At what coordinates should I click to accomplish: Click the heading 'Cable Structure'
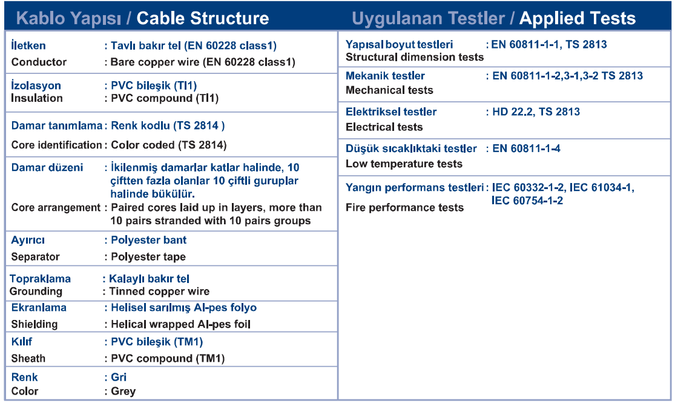tap(203, 18)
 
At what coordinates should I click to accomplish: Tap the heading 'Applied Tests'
tap(578, 18)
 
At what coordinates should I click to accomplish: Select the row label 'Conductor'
tap(39, 62)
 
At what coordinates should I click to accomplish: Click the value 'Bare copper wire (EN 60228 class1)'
tap(203, 62)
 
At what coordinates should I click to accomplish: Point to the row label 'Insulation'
tap(36, 98)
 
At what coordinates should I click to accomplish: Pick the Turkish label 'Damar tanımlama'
tap(57, 125)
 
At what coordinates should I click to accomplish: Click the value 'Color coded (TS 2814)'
tap(169, 145)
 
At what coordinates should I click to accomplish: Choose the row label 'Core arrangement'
tap(56, 208)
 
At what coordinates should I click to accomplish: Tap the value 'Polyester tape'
tap(148, 257)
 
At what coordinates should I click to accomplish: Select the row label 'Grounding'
tap(36, 291)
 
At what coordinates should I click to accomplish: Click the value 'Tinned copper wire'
tap(159, 291)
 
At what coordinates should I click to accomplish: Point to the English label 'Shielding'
tap(35, 324)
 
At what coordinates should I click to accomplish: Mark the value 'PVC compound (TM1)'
tap(168, 359)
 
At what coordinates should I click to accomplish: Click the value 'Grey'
tap(123, 391)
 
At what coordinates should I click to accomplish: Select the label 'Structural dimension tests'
tap(415, 58)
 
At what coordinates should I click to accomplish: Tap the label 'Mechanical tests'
tap(389, 90)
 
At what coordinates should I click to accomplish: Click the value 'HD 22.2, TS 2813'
tap(536, 112)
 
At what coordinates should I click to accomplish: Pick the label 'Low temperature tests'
tap(404, 164)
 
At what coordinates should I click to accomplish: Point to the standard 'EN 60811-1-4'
tap(526, 148)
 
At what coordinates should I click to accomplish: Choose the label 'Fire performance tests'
tap(404, 208)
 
